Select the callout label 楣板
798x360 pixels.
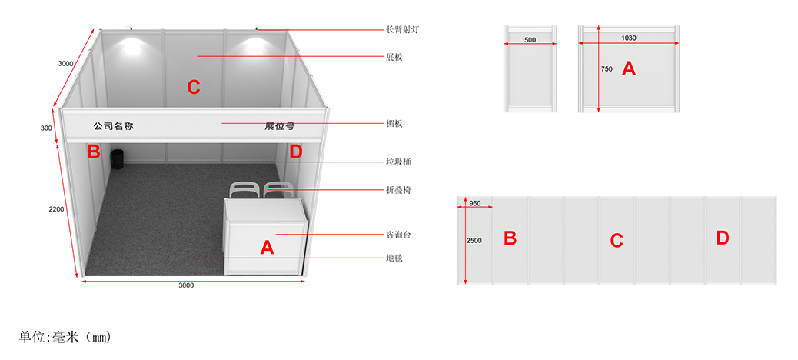tap(394, 123)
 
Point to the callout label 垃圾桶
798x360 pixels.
tap(398, 162)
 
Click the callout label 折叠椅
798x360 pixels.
tap(398, 190)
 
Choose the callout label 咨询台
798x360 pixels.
tap(398, 235)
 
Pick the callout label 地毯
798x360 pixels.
tap(394, 258)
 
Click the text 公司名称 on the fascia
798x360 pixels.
tap(114, 126)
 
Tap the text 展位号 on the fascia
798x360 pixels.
tap(279, 126)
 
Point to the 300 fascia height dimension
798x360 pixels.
tap(46, 128)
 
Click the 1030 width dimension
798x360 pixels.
tap(629, 38)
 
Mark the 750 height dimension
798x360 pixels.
tap(607, 68)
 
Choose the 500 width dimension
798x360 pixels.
tap(530, 40)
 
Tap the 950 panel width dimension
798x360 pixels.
tap(475, 203)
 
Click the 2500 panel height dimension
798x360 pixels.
tap(474, 240)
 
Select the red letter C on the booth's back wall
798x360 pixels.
tap(194, 88)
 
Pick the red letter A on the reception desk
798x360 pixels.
tap(268, 248)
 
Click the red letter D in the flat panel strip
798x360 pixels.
tap(722, 238)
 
